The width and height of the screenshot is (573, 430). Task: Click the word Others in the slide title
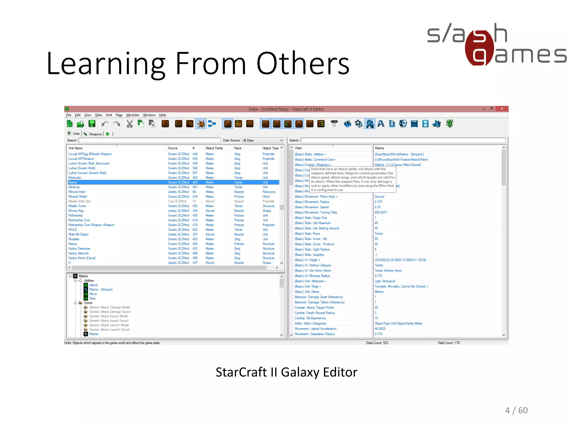coord(303,64)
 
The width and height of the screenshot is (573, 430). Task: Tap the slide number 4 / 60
coord(516,410)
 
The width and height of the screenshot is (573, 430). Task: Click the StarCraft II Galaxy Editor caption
coord(286,372)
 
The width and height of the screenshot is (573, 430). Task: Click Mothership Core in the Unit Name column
coord(79,220)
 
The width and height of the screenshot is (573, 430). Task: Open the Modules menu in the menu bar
coord(133,115)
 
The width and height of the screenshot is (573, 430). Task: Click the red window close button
coord(502,109)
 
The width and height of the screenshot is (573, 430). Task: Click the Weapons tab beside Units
coord(95,134)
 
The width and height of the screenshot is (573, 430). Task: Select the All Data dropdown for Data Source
coord(262,140)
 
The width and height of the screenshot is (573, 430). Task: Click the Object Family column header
coord(214,148)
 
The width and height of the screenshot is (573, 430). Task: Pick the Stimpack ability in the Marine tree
coord(101,289)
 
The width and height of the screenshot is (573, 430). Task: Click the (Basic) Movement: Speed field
coord(312,207)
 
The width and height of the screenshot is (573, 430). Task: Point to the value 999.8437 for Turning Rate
coord(381,212)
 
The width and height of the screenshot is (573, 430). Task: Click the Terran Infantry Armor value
coord(388,271)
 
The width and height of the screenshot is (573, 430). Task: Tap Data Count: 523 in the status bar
coord(377,343)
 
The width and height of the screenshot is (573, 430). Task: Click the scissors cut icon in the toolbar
coord(130,124)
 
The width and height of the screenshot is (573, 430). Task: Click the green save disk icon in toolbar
coord(92,124)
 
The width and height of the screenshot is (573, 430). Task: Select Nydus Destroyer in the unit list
coord(79,249)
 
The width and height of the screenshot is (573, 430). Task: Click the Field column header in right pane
coord(298,148)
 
